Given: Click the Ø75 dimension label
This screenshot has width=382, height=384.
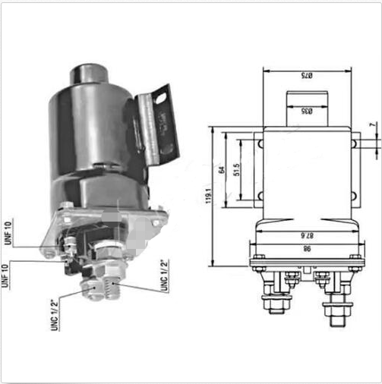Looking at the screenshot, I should (x=307, y=76).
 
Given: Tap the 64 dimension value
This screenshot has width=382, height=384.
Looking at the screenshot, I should (x=222, y=172).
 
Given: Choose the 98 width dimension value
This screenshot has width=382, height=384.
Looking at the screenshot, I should (x=307, y=249).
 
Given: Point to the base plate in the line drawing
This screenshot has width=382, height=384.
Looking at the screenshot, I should (x=307, y=263).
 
